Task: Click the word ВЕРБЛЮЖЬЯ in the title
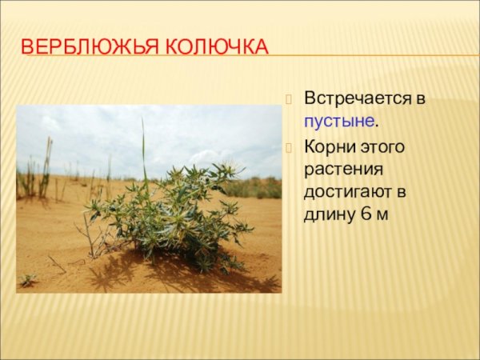tap(78, 46)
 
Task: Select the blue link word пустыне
tap(338, 122)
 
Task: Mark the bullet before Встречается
tap(290, 99)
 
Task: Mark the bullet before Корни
tap(290, 147)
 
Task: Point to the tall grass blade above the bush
tap(144, 148)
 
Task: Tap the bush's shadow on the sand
tap(176, 276)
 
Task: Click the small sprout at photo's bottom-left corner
tap(29, 280)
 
